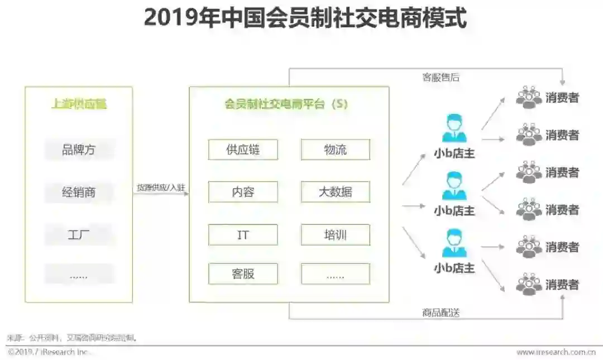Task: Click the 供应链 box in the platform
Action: (243, 150)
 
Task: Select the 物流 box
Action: (335, 150)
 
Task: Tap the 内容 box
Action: (243, 192)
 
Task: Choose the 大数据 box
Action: (335, 192)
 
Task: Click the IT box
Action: (243, 235)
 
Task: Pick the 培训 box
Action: (335, 235)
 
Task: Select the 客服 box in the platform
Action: (243, 273)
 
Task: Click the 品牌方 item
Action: (79, 150)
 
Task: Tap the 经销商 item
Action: (79, 193)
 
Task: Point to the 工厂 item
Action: (79, 235)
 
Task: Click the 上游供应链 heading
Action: (79, 104)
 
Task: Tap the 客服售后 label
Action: (441, 78)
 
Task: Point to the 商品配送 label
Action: (441, 313)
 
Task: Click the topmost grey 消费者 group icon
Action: (528, 97)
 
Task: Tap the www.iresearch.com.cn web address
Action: (556, 352)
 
